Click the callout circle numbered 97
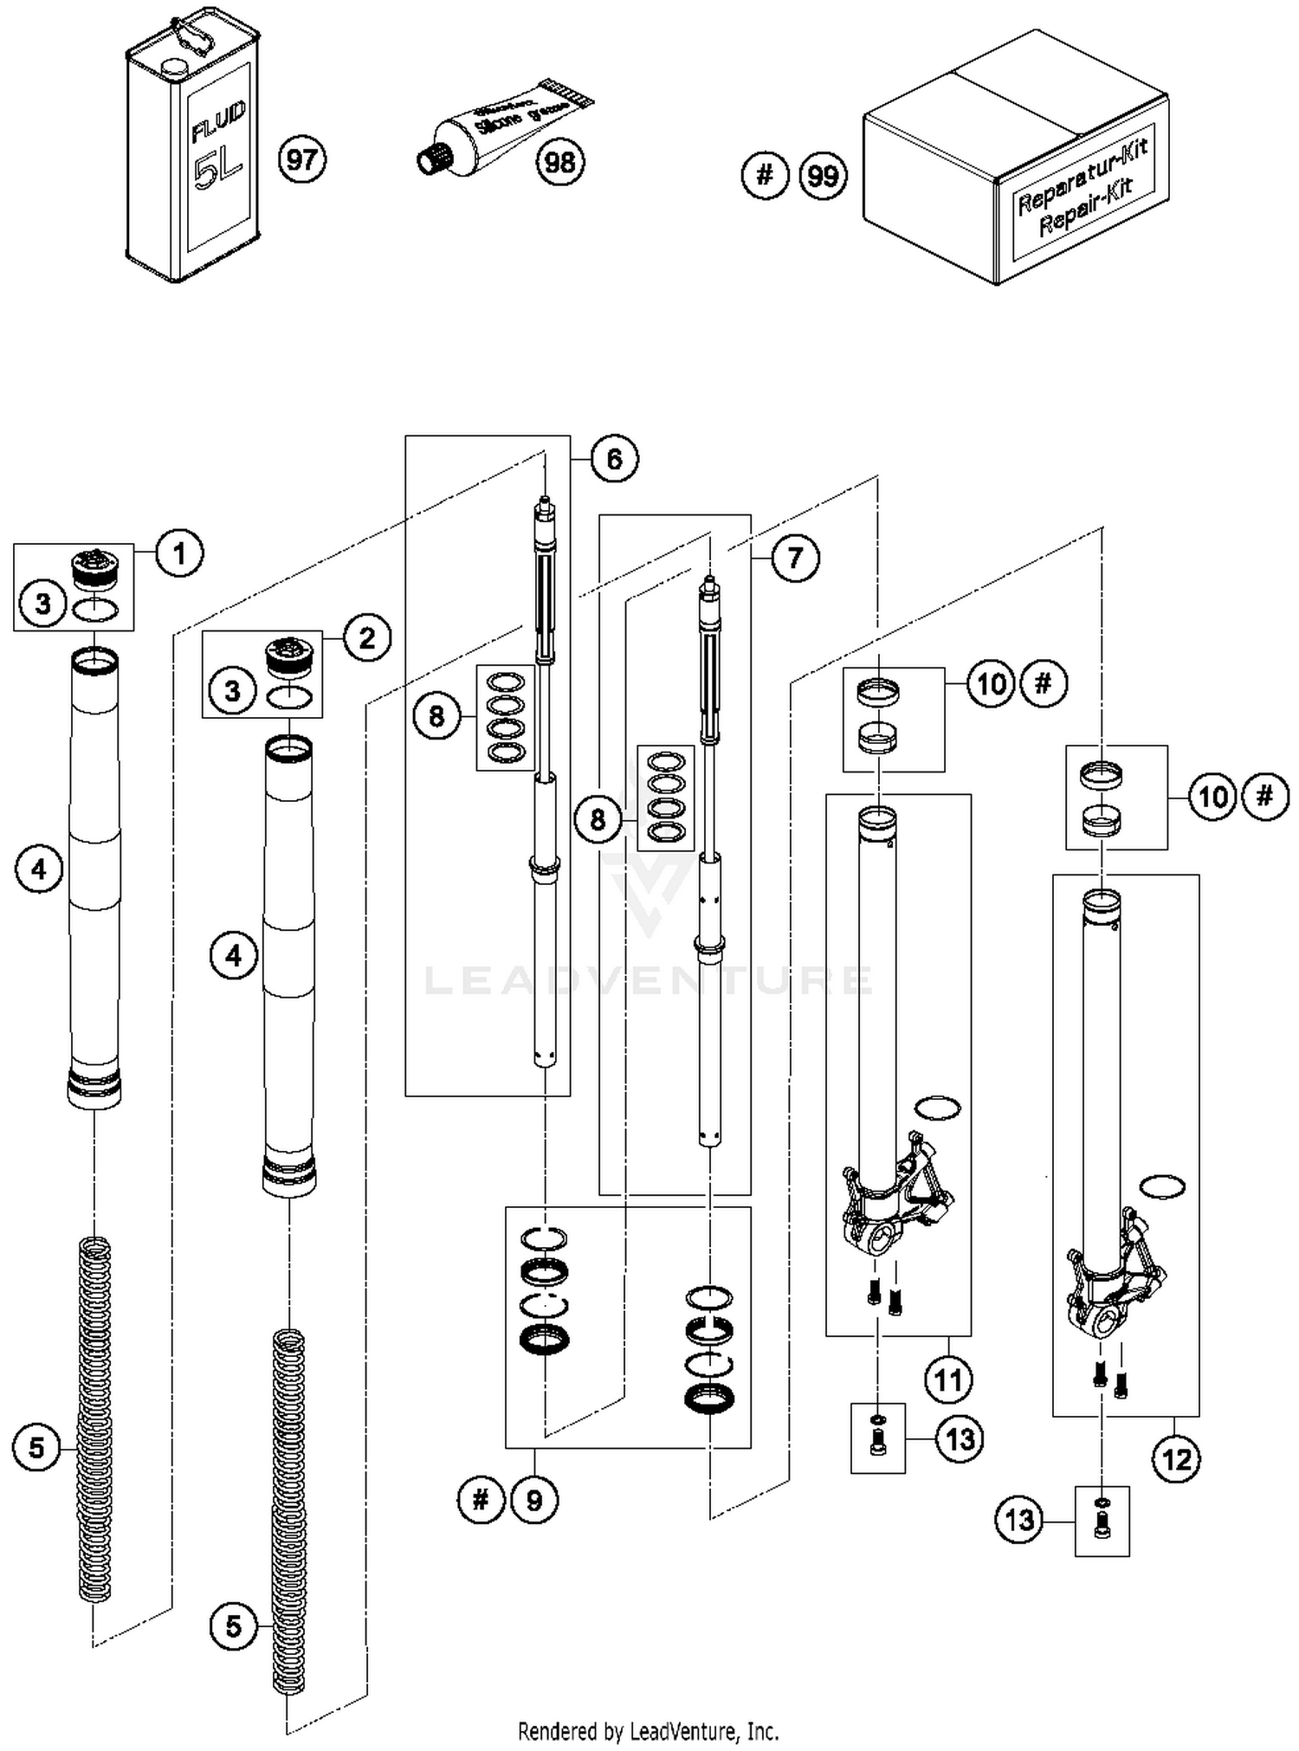click(x=302, y=160)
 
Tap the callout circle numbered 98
click(x=560, y=162)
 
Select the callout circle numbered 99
click(x=822, y=177)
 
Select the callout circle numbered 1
click(x=179, y=553)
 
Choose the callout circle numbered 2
click(x=367, y=638)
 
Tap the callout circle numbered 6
click(x=614, y=459)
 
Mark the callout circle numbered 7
click(x=795, y=558)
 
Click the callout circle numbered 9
click(x=534, y=1500)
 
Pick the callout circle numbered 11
click(x=947, y=1379)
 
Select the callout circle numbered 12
click(x=1176, y=1460)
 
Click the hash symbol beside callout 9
click(x=481, y=1499)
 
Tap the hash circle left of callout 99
click(x=765, y=176)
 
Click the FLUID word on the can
click(x=218, y=121)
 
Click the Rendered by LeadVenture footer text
click(x=648, y=1731)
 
